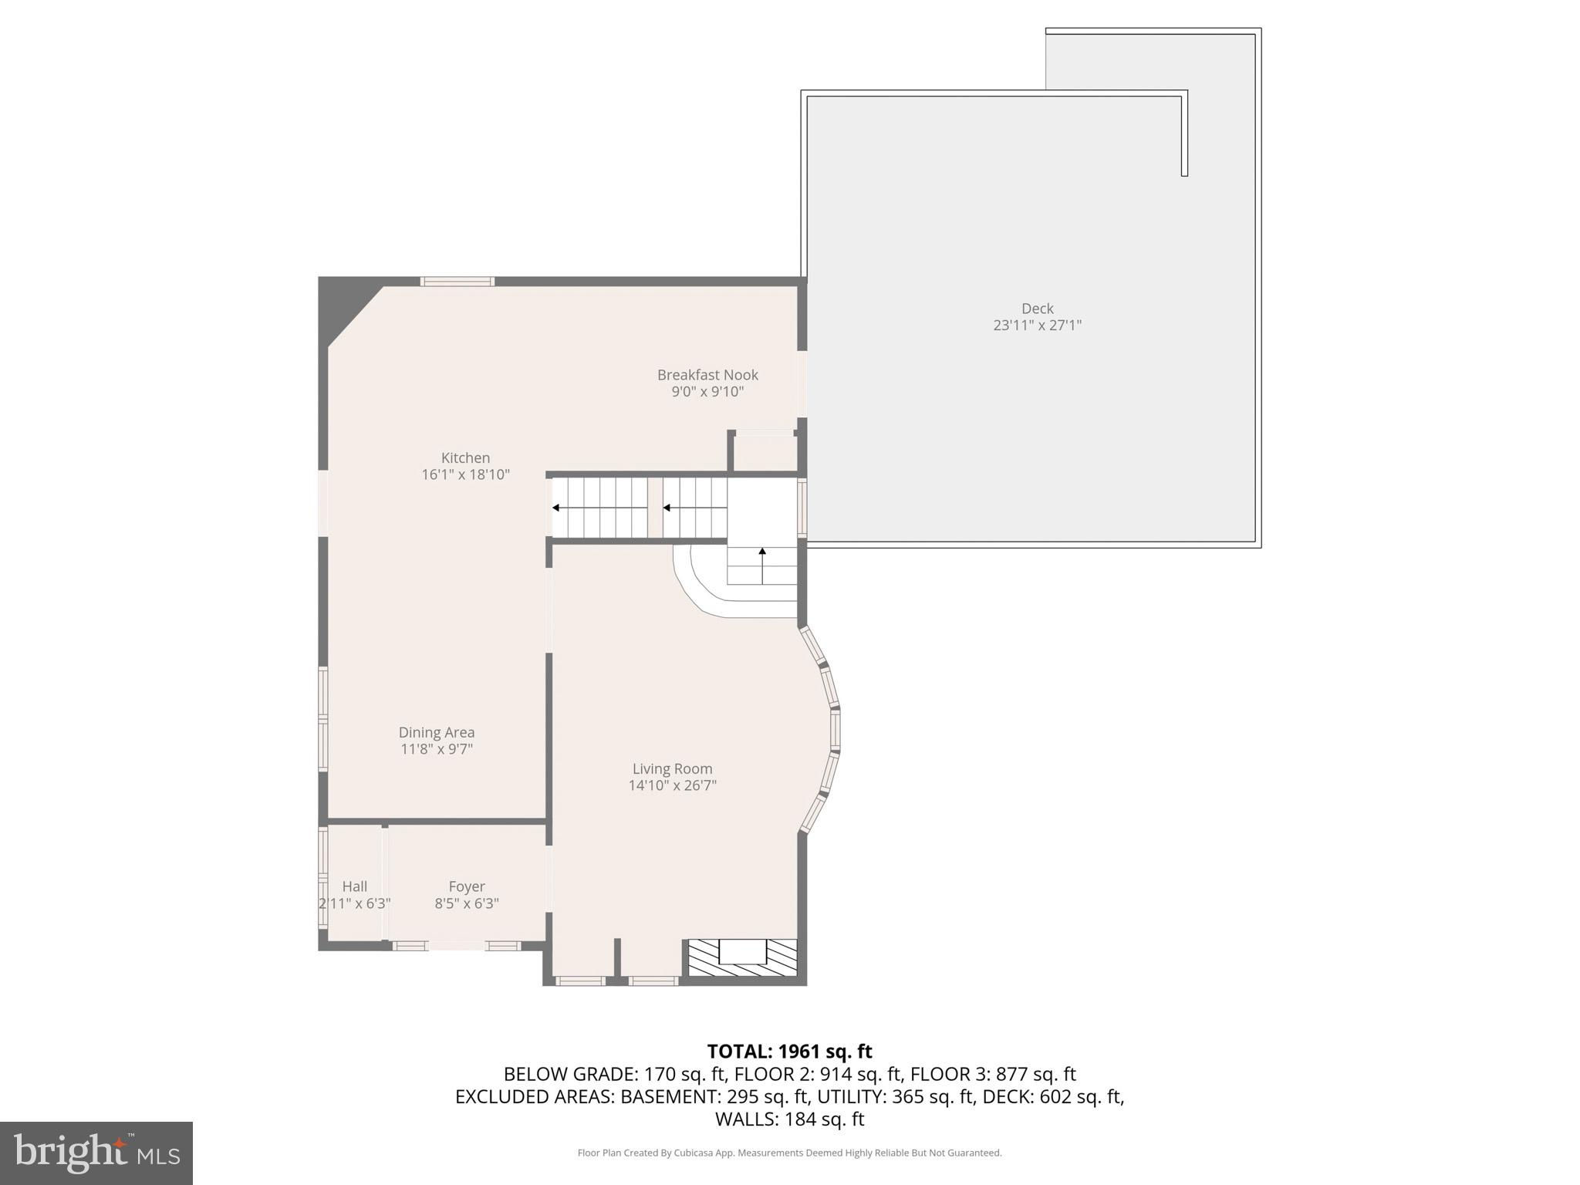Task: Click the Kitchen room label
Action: coord(465,457)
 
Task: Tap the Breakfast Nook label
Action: coord(707,375)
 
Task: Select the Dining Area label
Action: coord(437,732)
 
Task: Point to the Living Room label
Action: coord(672,769)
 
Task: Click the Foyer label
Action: coord(467,887)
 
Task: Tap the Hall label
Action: coord(355,886)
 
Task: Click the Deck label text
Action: coord(1038,309)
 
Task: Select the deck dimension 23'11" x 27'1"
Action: coord(1038,326)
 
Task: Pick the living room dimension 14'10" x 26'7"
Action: coord(673,785)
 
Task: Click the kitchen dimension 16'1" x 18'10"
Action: coord(466,474)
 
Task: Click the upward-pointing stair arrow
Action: coord(763,565)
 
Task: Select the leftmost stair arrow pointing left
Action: coord(599,508)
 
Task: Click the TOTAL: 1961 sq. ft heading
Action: coord(789,1052)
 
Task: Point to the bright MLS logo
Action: coord(96,1153)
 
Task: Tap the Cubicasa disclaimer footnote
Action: coord(789,1153)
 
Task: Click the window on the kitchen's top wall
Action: coord(457,282)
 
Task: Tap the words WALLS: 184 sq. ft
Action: coord(789,1119)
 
